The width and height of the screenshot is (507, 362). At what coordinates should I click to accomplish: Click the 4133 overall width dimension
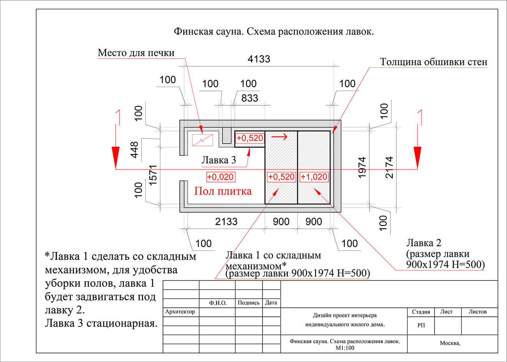[x=259, y=59]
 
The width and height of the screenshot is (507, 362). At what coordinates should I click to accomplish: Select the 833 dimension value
[x=250, y=98]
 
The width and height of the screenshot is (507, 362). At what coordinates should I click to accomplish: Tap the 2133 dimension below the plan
[x=226, y=222]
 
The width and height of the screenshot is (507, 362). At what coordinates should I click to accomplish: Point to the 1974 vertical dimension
[x=362, y=167]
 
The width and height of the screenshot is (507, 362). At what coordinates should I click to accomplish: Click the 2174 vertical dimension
[x=389, y=167]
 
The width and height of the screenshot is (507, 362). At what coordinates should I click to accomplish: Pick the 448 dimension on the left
[x=134, y=149]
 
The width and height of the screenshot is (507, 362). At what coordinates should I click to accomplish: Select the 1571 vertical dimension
[x=152, y=175]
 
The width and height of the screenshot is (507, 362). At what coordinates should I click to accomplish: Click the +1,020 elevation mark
[x=314, y=177]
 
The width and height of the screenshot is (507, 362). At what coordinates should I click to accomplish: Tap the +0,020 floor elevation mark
[x=220, y=177]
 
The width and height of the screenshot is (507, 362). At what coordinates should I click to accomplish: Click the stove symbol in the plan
[x=202, y=140]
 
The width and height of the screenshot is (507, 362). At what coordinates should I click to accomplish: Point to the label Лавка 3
[x=218, y=160]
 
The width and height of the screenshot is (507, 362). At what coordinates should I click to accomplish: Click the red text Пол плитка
[x=223, y=191]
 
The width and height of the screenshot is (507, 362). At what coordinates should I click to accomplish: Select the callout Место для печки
[x=136, y=53]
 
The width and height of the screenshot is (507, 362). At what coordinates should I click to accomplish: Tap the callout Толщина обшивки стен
[x=433, y=62]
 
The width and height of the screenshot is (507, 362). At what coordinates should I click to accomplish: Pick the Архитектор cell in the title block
[x=180, y=312]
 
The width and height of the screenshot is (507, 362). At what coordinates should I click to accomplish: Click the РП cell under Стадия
[x=421, y=325]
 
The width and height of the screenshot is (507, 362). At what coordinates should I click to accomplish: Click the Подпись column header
[x=248, y=303]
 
